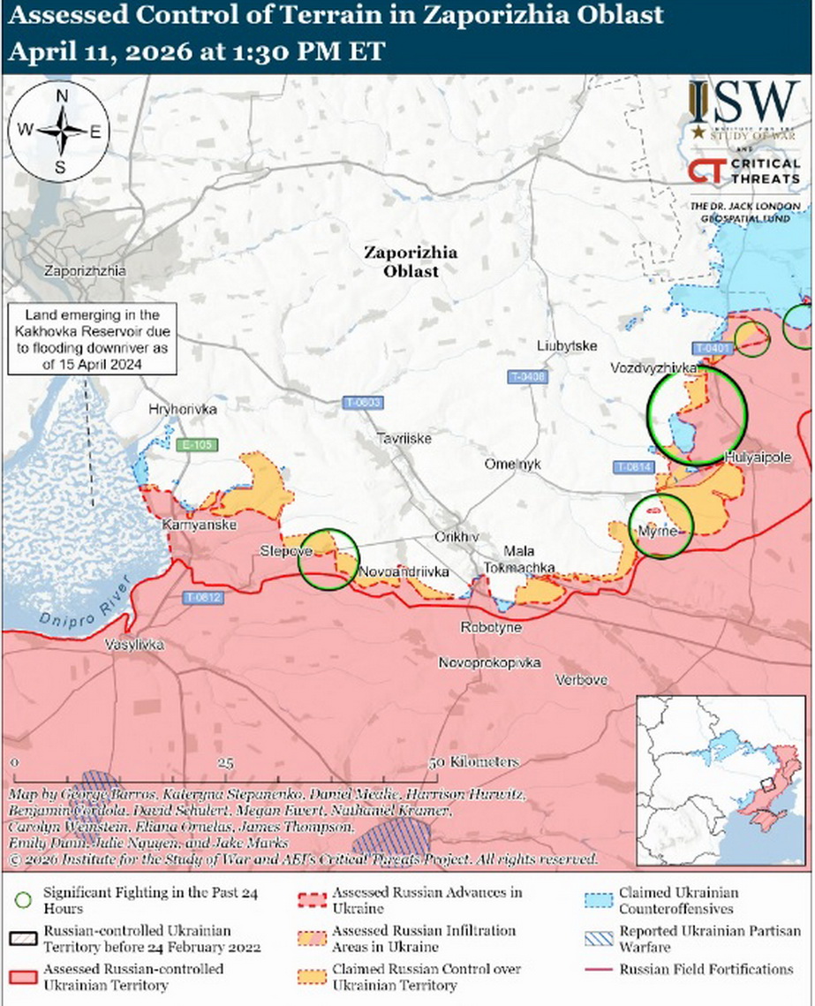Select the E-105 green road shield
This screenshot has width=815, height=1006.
tap(195, 445)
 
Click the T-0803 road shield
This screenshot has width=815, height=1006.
tap(362, 403)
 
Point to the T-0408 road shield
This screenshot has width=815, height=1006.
tap(528, 377)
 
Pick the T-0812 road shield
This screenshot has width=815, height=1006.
tap(203, 598)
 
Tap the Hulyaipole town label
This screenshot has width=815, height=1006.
tap(757, 457)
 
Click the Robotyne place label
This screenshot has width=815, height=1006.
tap(491, 627)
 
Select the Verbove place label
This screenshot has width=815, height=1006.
tap(581, 679)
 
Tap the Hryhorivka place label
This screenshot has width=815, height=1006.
tap(183, 409)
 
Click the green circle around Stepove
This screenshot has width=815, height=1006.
tap(327, 559)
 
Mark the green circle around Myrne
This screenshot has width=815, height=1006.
tap(661, 527)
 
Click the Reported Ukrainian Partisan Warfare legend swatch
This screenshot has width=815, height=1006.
tap(600, 939)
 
